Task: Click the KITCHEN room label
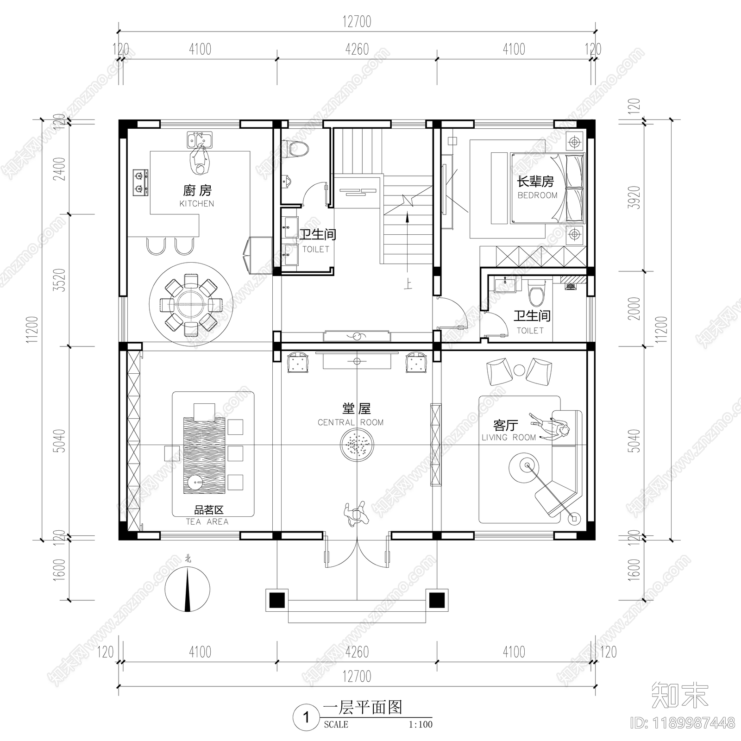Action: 197,204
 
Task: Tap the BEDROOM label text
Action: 537,195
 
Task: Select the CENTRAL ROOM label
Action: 351,422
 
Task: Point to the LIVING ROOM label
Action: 509,437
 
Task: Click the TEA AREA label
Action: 207,521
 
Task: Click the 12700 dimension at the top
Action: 357,22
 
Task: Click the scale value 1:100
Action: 420,724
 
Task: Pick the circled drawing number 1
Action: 306,718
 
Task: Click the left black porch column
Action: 276,600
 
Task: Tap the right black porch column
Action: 436,600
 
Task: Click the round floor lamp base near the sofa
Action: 574,519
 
